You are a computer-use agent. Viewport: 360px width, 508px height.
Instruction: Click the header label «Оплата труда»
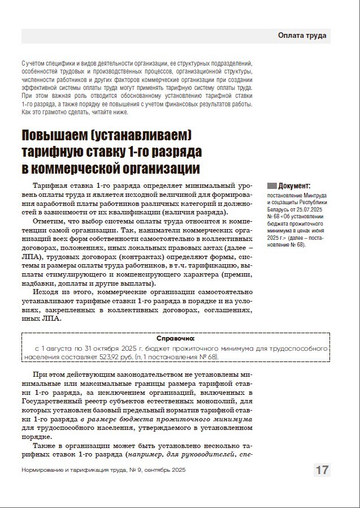(302, 36)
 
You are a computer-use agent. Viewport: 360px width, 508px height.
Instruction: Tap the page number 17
(322, 470)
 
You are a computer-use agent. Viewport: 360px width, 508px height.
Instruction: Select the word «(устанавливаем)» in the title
(147, 136)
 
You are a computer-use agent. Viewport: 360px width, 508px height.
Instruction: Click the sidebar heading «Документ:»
(294, 186)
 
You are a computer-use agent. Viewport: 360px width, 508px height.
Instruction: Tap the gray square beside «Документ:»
(272, 186)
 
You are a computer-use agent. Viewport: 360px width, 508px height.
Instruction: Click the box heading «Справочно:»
(175, 338)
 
